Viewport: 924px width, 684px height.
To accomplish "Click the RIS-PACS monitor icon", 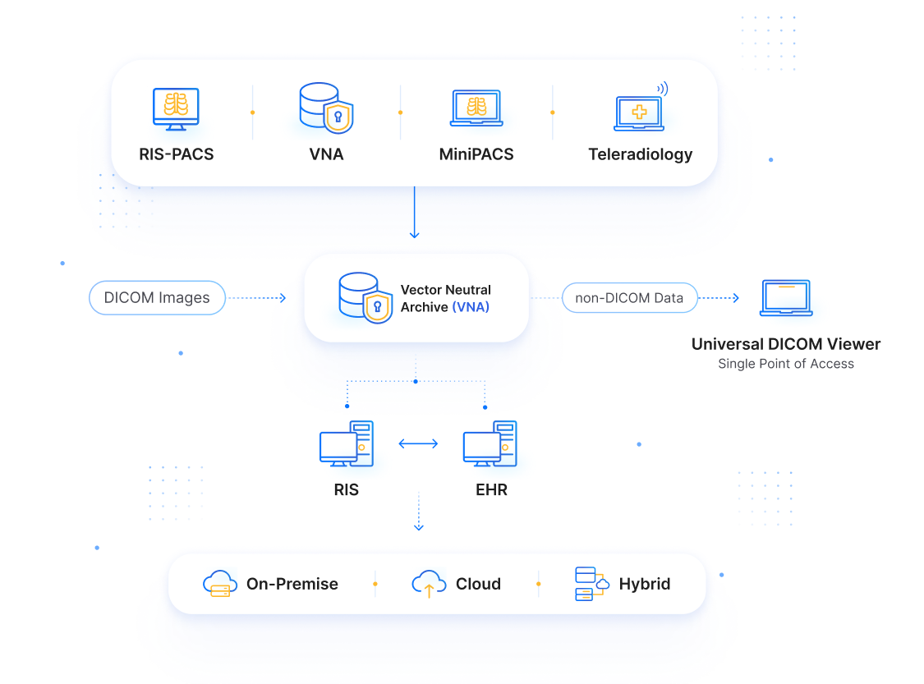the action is pos(176,109).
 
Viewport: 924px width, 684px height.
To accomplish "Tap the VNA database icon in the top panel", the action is pos(326,108).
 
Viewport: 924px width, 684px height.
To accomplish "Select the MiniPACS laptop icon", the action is pos(476,108).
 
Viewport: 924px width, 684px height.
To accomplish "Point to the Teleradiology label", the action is pos(640,154).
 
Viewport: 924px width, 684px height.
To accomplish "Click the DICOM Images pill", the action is pos(157,298).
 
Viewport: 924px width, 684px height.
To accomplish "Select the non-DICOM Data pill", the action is pos(629,298).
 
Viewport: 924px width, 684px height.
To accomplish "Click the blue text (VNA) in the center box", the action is pos(471,307).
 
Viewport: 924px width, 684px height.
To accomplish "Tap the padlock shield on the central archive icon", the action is pos(378,306).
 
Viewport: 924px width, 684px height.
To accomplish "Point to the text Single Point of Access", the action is pos(785,364).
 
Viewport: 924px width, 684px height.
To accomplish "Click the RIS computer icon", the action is pos(347,443).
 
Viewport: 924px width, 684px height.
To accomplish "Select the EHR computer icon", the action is pos(490,443).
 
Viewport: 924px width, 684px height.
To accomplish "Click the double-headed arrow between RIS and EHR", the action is pos(418,443).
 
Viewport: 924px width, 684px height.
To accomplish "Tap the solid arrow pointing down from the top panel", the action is pos(414,212).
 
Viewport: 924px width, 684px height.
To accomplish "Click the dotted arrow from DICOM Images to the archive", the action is pos(257,298).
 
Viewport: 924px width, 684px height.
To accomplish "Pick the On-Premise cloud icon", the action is pos(220,584).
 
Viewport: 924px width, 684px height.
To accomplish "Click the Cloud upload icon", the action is pos(429,584).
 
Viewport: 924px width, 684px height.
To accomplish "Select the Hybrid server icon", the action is pos(591,584).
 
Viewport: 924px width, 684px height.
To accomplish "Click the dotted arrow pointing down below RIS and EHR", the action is pos(418,512).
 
